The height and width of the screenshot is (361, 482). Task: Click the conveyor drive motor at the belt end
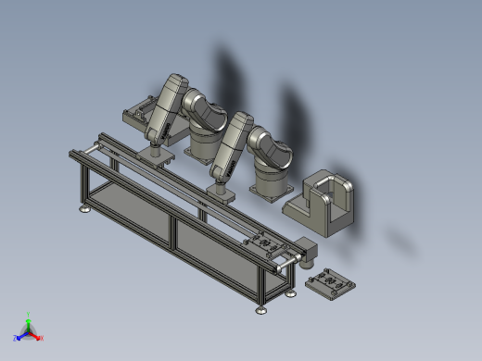tap(305, 252)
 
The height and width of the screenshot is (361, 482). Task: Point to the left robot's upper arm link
tap(167, 106)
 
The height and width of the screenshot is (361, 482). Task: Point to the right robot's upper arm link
tap(232, 143)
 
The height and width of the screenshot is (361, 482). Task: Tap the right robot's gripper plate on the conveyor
tap(220, 193)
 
